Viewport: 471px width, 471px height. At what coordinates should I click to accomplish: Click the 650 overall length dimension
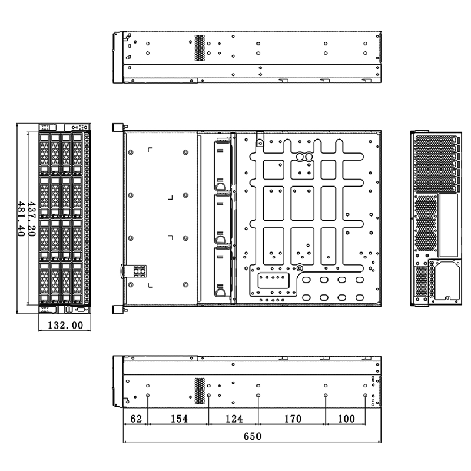pos(253,436)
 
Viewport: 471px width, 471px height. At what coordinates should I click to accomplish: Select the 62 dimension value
pos(136,419)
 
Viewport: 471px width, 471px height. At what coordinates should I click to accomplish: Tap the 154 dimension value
pos(179,419)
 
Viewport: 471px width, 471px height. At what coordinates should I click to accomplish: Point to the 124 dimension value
pos(234,419)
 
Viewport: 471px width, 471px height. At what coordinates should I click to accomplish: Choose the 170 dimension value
pos(293,419)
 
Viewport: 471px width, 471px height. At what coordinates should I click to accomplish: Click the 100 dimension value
pos(346,419)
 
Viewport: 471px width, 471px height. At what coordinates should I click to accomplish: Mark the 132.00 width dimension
pos(65,325)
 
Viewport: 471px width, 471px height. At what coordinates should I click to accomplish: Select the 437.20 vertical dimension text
pos(32,218)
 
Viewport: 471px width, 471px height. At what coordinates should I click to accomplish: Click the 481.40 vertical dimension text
pos(21,218)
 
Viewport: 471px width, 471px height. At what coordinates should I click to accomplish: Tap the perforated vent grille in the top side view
pos(200,48)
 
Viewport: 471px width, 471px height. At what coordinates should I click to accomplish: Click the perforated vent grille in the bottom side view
pos(200,391)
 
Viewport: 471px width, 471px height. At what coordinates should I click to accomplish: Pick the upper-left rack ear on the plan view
pos(118,127)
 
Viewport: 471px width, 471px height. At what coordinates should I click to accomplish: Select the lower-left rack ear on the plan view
pos(118,310)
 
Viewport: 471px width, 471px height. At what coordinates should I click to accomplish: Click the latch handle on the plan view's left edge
pos(134,271)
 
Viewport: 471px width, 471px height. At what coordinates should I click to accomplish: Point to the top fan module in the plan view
pos(223,164)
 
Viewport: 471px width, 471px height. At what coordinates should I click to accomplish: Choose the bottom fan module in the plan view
pos(223,272)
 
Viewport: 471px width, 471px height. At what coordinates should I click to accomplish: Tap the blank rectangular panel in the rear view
pos(449,225)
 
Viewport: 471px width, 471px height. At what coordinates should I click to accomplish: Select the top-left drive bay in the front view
pos(44,154)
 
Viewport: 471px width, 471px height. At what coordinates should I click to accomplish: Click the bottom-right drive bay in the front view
pos(77,283)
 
